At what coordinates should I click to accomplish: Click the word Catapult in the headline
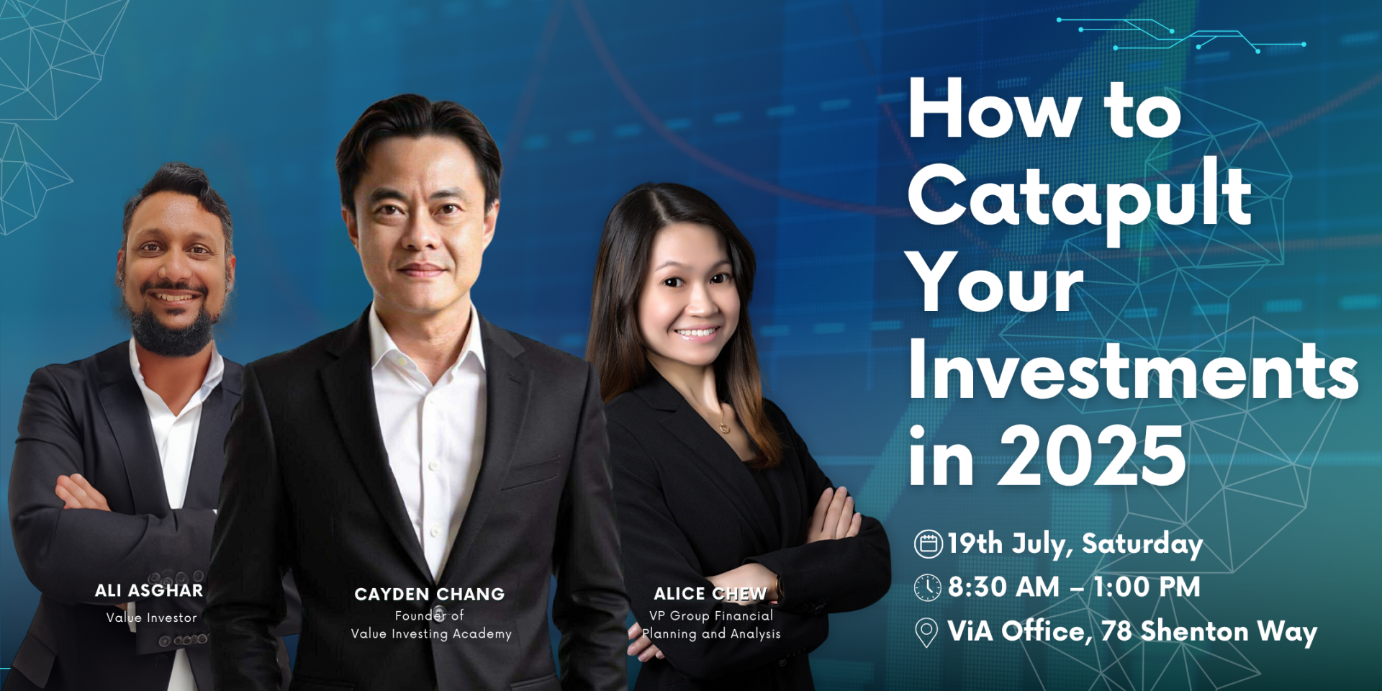tap(1080, 198)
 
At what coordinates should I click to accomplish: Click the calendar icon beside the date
tap(929, 544)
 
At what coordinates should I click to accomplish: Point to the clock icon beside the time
tap(928, 587)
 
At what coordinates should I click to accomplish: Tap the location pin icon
tap(926, 633)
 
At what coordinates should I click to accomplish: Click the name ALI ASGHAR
tap(149, 590)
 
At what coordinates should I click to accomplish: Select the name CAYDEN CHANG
tap(430, 594)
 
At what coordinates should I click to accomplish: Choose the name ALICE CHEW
tap(710, 593)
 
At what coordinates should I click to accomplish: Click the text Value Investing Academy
tap(431, 633)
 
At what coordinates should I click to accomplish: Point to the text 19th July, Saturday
tap(1075, 544)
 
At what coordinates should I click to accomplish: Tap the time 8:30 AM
tap(1003, 587)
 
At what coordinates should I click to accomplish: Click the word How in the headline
tap(995, 109)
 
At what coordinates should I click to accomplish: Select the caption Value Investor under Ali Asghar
tap(151, 618)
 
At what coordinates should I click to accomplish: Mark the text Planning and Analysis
tap(711, 633)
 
